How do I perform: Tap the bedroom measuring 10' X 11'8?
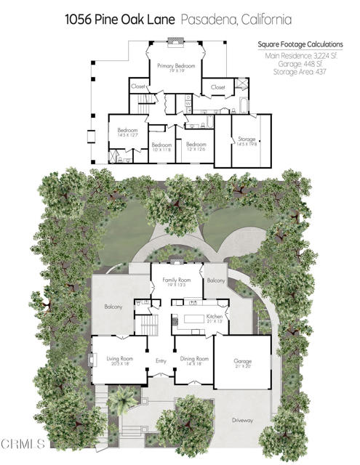(161, 147)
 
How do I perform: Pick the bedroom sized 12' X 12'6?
(196, 146)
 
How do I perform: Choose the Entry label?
(161, 360)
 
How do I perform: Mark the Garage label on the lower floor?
(242, 361)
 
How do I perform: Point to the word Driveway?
(242, 420)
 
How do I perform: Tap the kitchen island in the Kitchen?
(193, 320)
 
